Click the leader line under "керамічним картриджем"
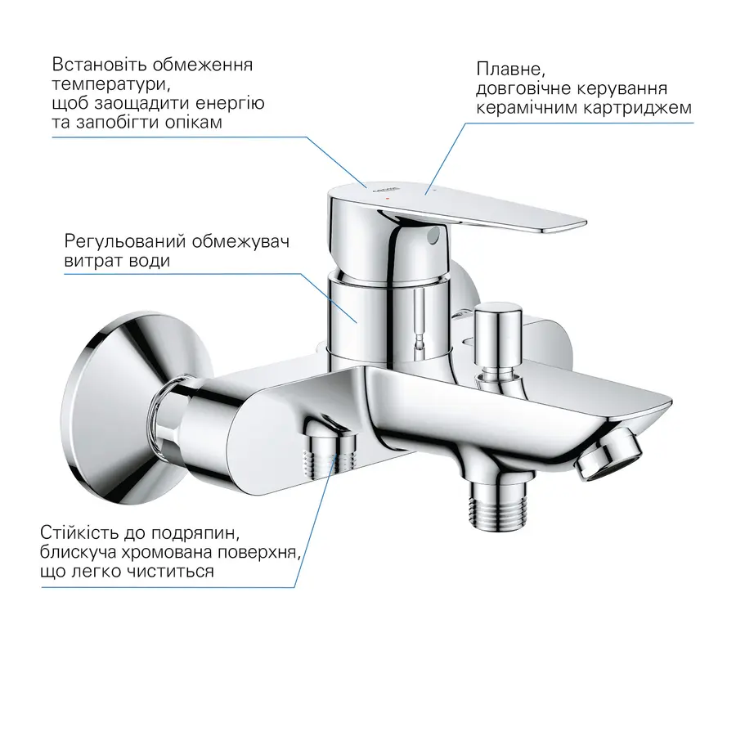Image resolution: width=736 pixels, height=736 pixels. (x=572, y=123)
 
